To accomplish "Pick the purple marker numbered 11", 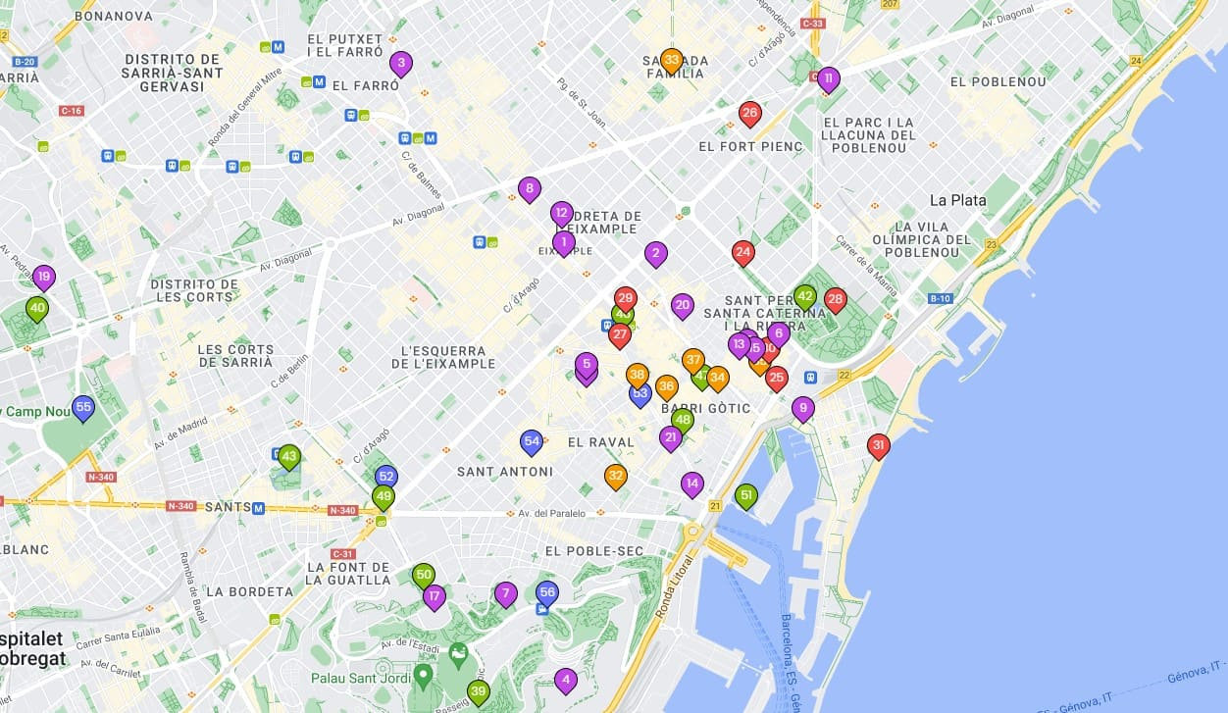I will point(829,78).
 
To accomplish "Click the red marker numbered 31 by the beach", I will point(879,446).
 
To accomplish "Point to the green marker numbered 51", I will point(746,496).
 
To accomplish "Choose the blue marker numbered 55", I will point(83,407).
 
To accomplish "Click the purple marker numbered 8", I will point(530,188).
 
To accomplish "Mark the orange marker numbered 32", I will point(615,477).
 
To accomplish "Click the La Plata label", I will point(957,200).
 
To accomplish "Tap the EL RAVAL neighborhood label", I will point(600,442).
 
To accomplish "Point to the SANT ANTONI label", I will point(504,472).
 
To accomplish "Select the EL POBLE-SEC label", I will point(593,551).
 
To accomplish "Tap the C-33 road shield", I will point(812,23).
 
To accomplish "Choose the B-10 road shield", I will point(940,298).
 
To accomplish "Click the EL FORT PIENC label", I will point(750,146).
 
